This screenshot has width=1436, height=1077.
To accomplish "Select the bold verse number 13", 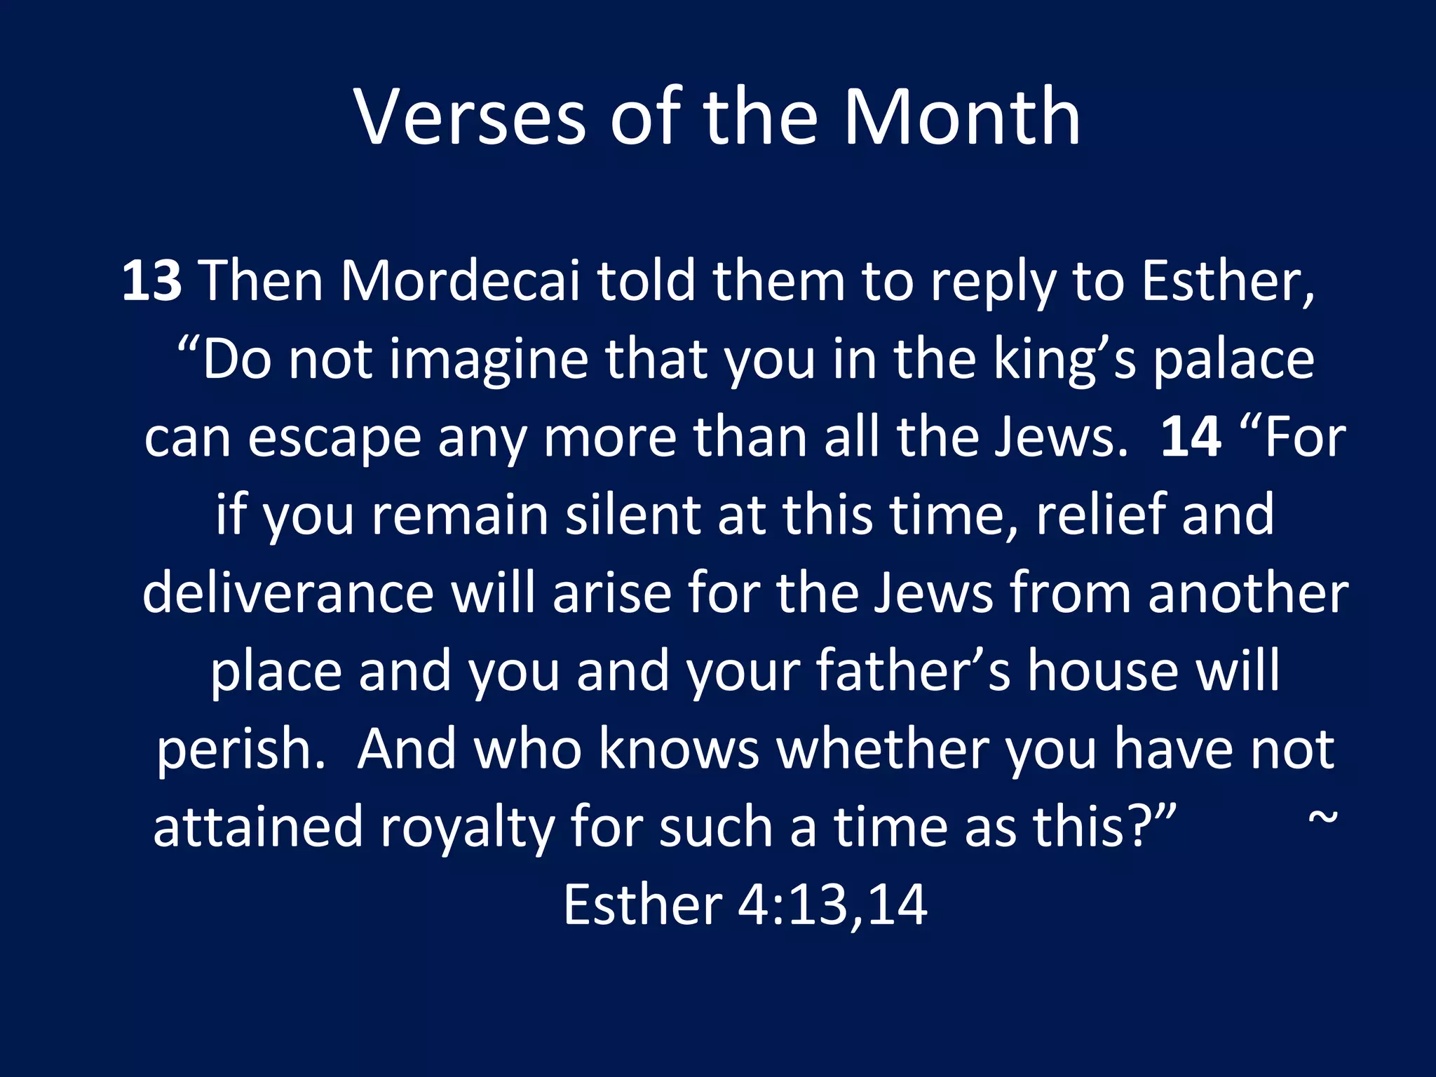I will [152, 280].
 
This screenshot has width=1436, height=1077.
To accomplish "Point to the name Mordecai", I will [461, 280].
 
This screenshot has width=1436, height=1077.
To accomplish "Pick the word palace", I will [1234, 360].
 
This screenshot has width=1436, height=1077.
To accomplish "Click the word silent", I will [633, 515].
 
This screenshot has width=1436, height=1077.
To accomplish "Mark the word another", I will [1248, 593].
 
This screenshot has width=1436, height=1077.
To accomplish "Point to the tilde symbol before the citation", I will [1323, 818].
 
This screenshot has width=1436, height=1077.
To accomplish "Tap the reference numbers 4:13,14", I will [833, 905].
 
